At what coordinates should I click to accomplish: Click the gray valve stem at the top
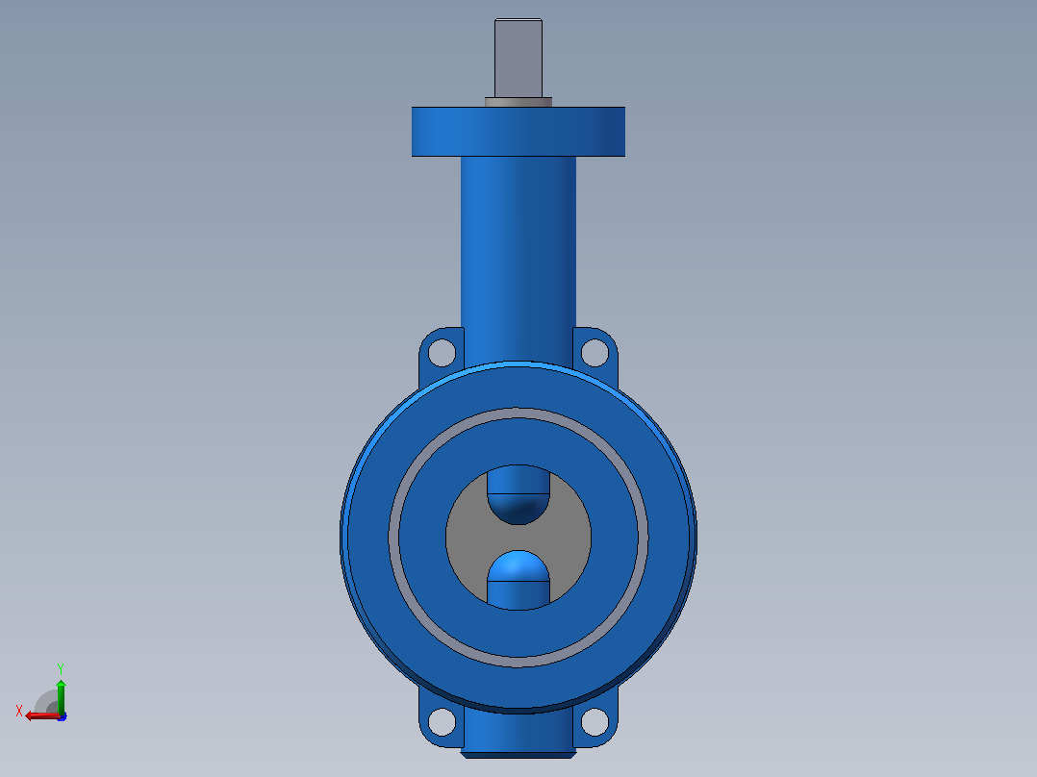518,59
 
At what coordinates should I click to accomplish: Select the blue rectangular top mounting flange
518,132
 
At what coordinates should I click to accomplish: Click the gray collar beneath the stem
518,102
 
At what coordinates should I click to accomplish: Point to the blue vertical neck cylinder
518,258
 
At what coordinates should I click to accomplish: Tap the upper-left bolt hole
442,353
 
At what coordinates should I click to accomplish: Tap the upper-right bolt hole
594,353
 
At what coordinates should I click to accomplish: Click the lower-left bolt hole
442,721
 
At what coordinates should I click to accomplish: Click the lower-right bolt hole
594,721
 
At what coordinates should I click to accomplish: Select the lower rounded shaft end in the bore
518,579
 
